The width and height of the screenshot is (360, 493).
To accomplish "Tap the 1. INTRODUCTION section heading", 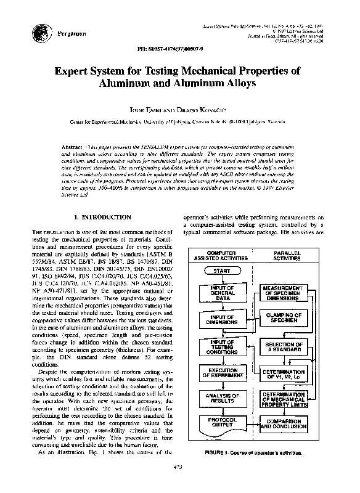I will [102, 218].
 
